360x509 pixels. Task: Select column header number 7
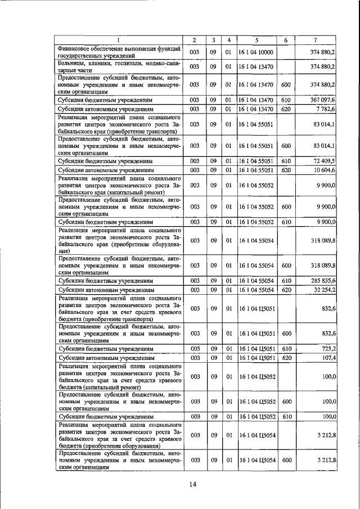click(318, 40)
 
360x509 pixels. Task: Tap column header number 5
click(256, 40)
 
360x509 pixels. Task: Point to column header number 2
click(194, 40)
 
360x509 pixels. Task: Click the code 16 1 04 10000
click(256, 52)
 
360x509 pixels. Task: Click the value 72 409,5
click(325, 161)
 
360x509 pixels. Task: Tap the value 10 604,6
click(325, 170)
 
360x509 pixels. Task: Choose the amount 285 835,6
click(323, 280)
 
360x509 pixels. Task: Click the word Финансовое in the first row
click(78, 48)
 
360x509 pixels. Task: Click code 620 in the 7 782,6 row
click(285, 109)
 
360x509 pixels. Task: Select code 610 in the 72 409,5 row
click(285, 161)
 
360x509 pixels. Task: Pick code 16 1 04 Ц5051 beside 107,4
click(256, 358)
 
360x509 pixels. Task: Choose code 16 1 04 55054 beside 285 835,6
click(256, 280)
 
